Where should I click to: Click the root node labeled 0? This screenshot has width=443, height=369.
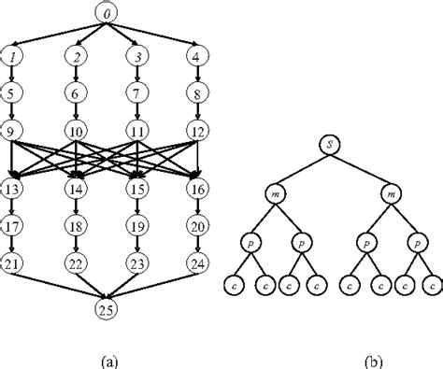coord(107,15)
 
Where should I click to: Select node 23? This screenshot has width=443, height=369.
coord(137,263)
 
